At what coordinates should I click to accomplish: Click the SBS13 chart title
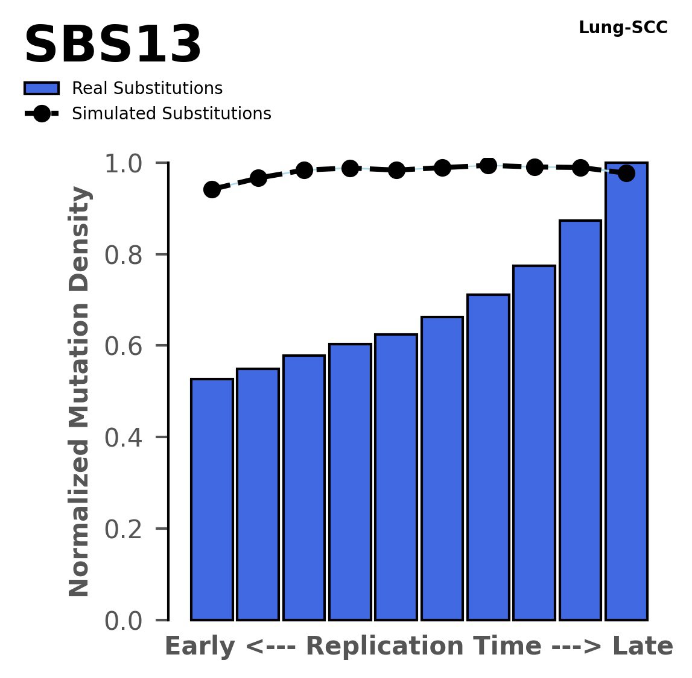click(112, 46)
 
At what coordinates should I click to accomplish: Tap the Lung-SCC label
click(623, 28)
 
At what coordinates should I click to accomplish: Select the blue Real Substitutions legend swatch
click(41, 89)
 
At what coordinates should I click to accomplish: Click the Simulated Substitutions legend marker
click(41, 114)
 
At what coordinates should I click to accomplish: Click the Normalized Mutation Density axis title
click(80, 391)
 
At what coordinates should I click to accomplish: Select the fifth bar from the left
click(396, 477)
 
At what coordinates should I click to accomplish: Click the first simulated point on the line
click(212, 189)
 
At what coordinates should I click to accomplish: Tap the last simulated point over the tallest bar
click(626, 174)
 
